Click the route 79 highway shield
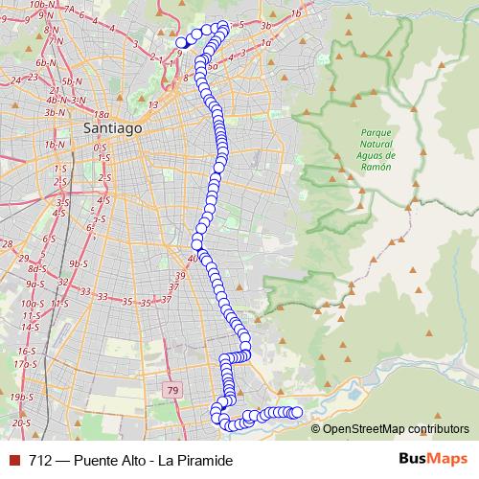172,390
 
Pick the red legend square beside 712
13,460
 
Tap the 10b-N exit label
41,5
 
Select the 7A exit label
70,11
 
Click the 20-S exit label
22,422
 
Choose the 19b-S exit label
21,397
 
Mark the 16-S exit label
25,352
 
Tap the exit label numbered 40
193,258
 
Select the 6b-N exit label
44,62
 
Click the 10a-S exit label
30,302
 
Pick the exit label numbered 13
153,104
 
